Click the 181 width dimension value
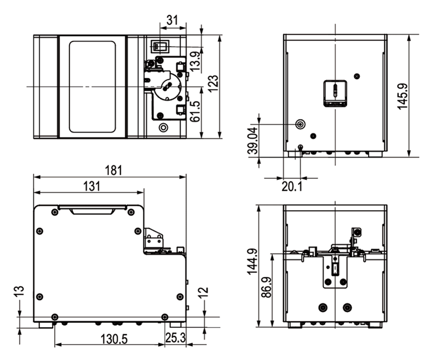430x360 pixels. coord(113,170)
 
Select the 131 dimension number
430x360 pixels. coord(92,186)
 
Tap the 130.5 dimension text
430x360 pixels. coord(114,339)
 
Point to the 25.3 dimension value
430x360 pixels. coord(175,338)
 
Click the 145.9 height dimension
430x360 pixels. coord(403,96)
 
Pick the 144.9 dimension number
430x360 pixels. coord(252,262)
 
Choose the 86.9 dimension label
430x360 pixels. coord(266,287)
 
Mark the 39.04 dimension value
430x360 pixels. coord(254,140)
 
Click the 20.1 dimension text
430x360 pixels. coord(292,186)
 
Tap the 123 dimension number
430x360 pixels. coord(213,83)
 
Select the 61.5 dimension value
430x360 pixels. coord(195,111)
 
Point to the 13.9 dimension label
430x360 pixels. coord(195,61)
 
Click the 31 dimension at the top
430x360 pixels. coord(172,20)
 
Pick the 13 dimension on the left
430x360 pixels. coord(20,291)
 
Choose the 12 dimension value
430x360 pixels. coord(203,292)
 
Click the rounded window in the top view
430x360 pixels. coord(92,87)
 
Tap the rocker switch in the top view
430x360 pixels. coord(159,46)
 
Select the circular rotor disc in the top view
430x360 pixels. coord(166,87)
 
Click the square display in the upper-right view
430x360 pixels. coord(335,93)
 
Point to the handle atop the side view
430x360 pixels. coord(92,210)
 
